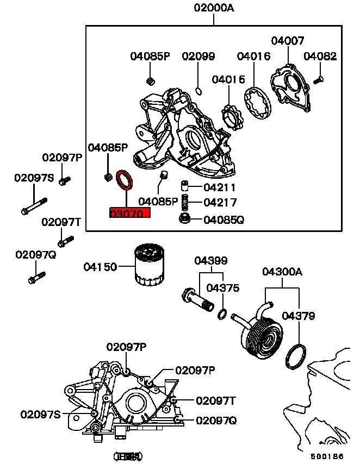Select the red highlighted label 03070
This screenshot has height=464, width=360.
point(129,214)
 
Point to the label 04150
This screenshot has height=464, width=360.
point(100,267)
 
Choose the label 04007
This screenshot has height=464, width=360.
point(288,41)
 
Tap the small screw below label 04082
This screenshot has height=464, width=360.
point(319,80)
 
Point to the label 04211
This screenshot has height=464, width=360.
point(220,188)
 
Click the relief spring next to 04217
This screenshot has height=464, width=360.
point(185,202)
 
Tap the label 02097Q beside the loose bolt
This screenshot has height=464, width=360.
point(36,254)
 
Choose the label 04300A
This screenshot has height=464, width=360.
point(282,271)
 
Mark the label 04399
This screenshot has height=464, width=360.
point(212,261)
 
